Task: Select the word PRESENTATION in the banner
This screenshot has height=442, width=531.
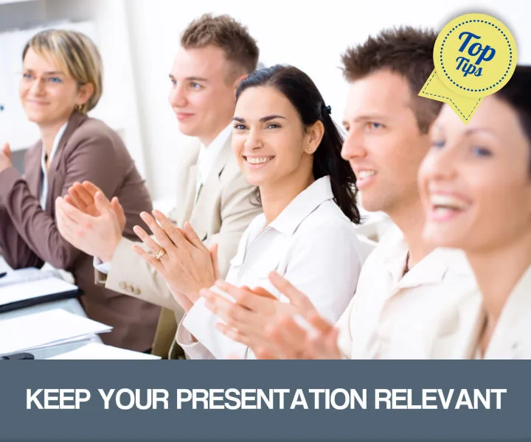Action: coord(271,399)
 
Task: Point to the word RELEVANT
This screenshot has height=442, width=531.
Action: coord(440,399)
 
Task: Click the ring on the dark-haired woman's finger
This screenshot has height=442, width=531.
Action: coord(159,254)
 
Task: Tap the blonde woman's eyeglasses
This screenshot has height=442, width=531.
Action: coord(43,77)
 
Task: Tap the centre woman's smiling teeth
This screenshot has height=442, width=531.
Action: coord(259,159)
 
